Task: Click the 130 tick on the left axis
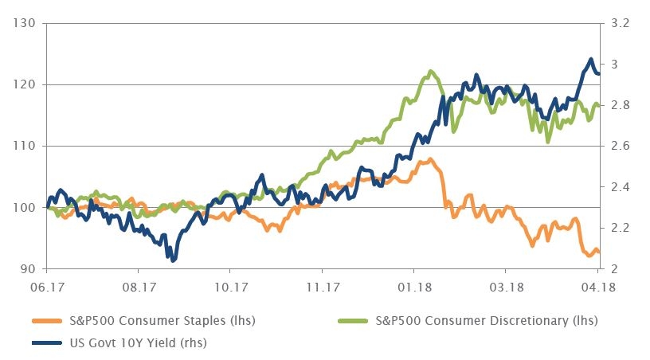pyautogui.click(x=25, y=23)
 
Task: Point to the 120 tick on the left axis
pyautogui.click(x=25, y=84)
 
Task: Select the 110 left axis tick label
pyautogui.click(x=25, y=146)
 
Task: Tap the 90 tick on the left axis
pyautogui.click(x=28, y=269)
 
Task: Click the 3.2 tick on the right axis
pyautogui.click(x=620, y=23)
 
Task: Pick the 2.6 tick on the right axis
pyautogui.click(x=620, y=146)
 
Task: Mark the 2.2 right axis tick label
pyautogui.click(x=620, y=228)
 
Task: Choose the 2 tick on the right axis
pyautogui.click(x=616, y=269)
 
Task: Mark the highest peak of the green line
pyautogui.click(x=430, y=72)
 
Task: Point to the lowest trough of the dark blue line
pyautogui.click(x=173, y=260)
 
